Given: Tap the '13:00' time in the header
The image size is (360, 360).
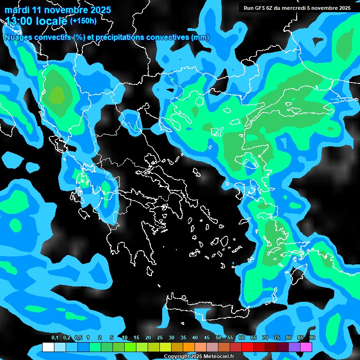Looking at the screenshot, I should (x=19, y=21).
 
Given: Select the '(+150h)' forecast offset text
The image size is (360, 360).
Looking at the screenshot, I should (x=84, y=21).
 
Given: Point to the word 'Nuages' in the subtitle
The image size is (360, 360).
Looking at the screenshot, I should (x=17, y=37).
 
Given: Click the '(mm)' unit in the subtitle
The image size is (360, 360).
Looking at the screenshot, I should (x=201, y=37).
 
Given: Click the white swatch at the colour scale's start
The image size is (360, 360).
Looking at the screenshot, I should (x=48, y=347).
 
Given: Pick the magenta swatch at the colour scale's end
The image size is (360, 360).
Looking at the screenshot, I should (x=306, y=347).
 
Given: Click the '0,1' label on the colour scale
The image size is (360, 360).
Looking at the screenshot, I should (x=55, y=338).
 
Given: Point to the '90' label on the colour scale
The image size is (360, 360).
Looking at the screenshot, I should (x=312, y=338).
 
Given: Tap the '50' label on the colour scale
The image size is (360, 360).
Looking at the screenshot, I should (x=218, y=338).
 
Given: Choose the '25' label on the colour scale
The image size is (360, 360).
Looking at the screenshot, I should (x=160, y=338).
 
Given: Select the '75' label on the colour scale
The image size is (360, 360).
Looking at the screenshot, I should (x=277, y=338).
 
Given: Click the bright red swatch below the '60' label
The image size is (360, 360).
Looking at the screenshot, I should (x=247, y=347).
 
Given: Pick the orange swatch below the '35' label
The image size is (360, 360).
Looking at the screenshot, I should (x=189, y=347).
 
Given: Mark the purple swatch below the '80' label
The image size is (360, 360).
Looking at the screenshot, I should (x=294, y=347).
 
